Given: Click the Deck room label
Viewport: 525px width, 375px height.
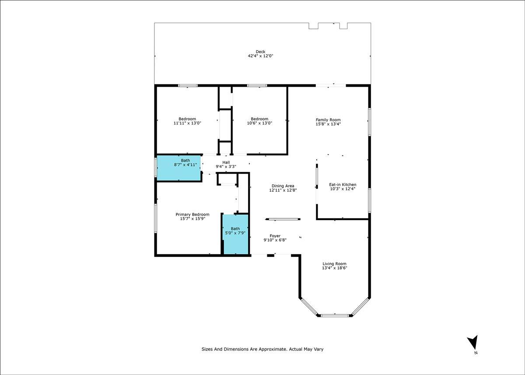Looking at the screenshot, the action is [260, 52].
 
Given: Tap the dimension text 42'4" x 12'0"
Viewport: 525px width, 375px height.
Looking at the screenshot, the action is [260, 56].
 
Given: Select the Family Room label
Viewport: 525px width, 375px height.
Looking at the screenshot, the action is [328, 120].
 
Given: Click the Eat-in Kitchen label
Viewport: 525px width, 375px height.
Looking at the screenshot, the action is [343, 185].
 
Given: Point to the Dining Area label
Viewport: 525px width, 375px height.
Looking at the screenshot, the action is [283, 186].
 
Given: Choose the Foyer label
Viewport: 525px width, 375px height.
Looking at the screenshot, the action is [275, 236].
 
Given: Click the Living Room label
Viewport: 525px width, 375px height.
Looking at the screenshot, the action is [334, 264].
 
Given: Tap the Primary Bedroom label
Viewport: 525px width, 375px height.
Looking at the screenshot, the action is [192, 214].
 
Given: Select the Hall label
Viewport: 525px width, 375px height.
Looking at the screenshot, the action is [226, 162].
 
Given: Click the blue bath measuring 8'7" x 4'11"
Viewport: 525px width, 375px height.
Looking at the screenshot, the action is [179, 168].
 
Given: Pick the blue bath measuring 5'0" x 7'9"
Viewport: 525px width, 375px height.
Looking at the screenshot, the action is [236, 235].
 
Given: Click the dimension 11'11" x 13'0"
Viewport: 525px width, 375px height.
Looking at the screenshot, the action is [187, 123].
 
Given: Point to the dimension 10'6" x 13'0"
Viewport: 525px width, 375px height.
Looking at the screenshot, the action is [259, 123].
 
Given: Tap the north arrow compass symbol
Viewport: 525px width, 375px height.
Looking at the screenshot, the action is [473, 343].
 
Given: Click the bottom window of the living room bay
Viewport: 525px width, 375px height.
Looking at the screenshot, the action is [335, 315].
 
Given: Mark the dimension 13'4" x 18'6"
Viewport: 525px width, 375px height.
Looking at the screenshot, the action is [334, 268].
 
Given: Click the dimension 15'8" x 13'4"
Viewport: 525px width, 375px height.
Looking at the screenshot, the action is [328, 124].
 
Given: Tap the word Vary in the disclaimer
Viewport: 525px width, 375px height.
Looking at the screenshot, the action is [318, 349].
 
